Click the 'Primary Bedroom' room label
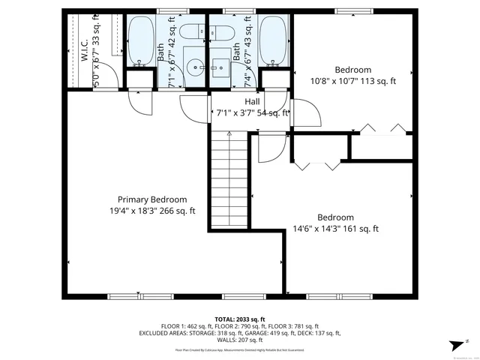(x=152, y=199)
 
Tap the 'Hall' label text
(x=252, y=101)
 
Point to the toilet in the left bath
(x=191, y=31)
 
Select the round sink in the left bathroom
(x=193, y=66)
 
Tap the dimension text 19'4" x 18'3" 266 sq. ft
(x=152, y=211)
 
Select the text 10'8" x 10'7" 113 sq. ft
(x=352, y=81)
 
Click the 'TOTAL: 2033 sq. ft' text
(x=239, y=319)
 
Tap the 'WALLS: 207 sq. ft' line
(x=239, y=340)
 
